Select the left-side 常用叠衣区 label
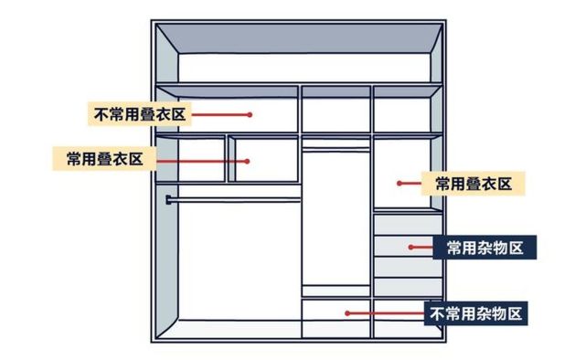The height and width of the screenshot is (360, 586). [104, 158]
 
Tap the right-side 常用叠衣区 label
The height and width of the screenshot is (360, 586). [473, 183]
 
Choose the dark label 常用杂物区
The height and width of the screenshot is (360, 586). [485, 247]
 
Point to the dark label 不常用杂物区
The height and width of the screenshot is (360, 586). [475, 313]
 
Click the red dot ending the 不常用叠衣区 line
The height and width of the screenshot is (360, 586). [249, 114]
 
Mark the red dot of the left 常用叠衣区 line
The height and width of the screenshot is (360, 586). [248, 160]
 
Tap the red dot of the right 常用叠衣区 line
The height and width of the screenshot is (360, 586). [400, 184]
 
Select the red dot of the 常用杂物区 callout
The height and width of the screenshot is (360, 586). [410, 247]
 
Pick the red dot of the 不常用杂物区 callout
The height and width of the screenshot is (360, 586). [347, 313]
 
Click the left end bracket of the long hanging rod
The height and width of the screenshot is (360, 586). [169, 197]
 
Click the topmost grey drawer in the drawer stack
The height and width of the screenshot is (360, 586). [408, 224]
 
